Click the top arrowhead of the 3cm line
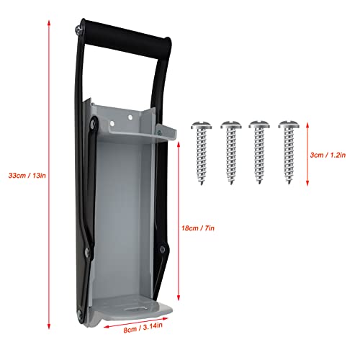coord(310,122)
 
